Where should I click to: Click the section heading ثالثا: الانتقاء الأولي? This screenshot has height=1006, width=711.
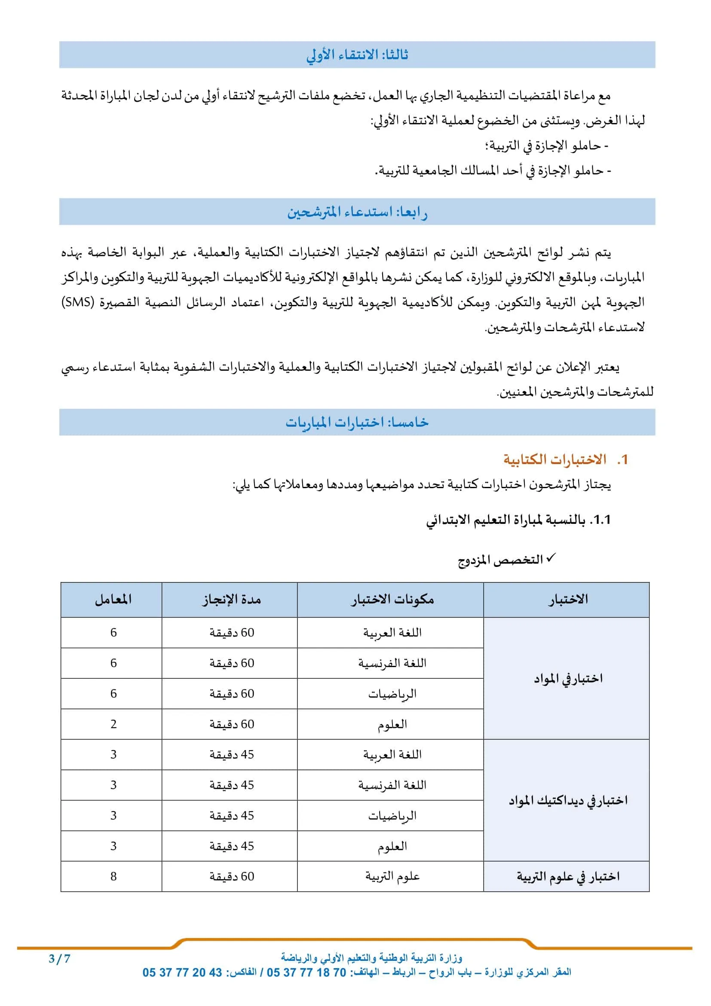357,55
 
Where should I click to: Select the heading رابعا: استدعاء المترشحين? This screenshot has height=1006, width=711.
357,212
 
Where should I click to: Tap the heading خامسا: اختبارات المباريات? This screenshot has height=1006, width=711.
357,422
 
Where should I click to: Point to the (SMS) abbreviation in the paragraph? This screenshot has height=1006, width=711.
78,302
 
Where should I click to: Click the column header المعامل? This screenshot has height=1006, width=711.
113,600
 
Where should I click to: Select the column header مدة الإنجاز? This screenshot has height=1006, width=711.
231,600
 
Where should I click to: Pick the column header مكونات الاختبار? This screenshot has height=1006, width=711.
392,600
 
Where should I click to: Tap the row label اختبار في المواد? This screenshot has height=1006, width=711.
568,679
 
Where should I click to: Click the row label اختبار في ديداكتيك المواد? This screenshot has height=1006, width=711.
568,800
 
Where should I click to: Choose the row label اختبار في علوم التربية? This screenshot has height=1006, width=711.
568,877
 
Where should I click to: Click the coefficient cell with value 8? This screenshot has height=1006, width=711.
113,876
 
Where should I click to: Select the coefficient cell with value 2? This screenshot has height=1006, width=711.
113,724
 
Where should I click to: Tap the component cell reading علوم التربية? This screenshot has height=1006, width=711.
392,876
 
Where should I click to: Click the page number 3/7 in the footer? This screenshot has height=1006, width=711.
60,959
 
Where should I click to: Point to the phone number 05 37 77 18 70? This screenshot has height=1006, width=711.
306,973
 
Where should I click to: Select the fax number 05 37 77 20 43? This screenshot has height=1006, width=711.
182,973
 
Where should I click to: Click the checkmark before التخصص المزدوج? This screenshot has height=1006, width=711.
551,558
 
